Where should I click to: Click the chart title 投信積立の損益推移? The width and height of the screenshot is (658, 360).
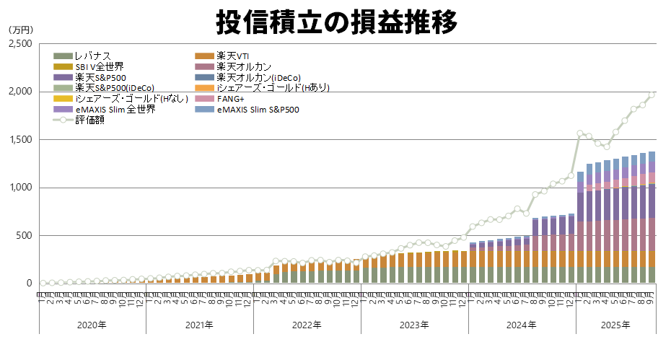(337, 22)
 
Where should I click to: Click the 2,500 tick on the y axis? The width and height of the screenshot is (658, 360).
(19, 44)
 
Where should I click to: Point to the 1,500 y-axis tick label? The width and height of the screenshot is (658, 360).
(19, 140)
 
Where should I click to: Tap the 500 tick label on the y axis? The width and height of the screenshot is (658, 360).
(24, 235)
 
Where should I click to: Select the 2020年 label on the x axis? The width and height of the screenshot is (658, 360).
(92, 325)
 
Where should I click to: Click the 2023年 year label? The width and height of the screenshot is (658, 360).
(414, 325)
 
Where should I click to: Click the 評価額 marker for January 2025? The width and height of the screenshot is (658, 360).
(580, 134)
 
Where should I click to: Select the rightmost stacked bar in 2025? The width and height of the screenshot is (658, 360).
(651, 216)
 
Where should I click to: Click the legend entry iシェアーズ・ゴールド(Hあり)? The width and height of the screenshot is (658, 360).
(273, 88)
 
